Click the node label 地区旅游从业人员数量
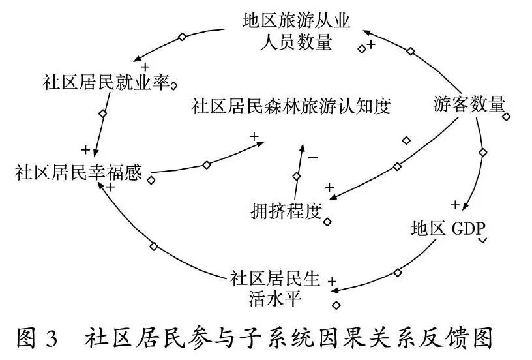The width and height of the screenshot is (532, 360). (296, 32)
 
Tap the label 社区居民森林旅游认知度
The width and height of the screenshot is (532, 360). (291, 106)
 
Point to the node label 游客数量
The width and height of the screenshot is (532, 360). (469, 104)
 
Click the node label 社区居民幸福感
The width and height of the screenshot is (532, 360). (78, 172)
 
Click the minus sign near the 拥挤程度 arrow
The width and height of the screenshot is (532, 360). (313, 157)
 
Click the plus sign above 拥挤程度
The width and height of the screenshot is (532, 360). (329, 188)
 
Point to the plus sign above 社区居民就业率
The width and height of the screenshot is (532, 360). (145, 67)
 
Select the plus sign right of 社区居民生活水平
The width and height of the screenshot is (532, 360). (332, 281)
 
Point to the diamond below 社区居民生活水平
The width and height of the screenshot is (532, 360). (336, 305)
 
